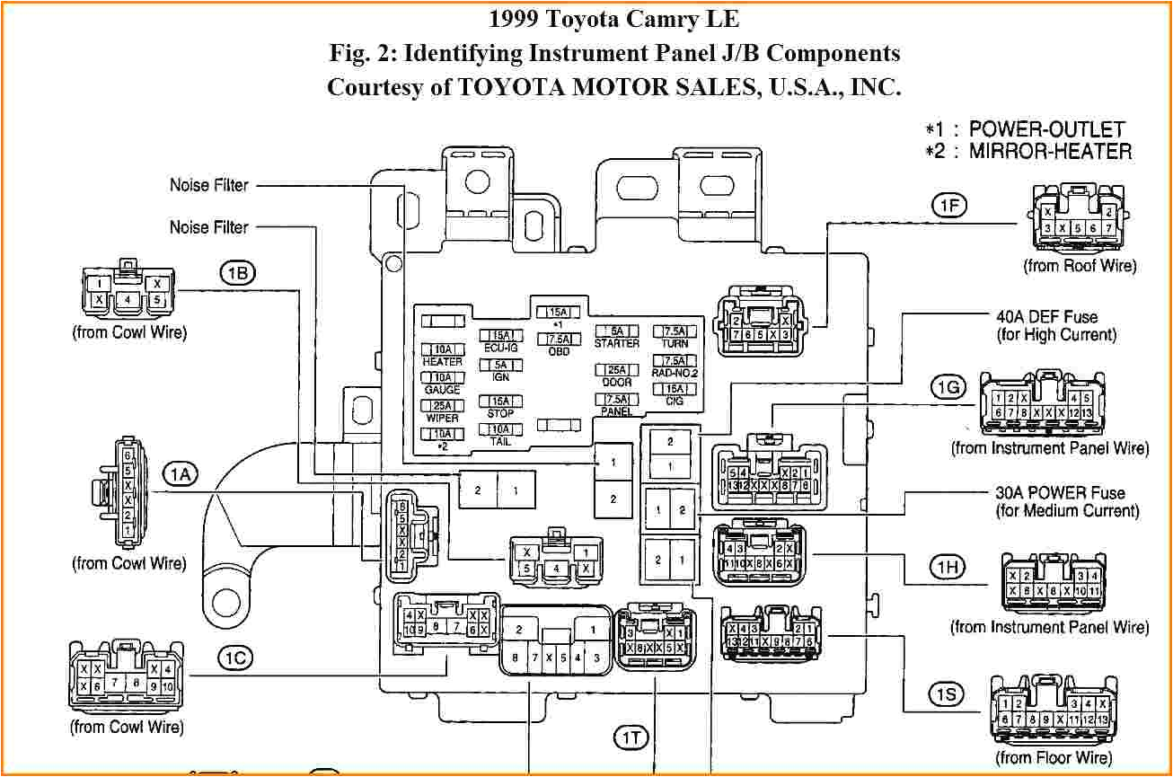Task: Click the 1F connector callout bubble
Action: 948,206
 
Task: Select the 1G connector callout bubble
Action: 948,388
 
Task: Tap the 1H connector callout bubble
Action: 947,567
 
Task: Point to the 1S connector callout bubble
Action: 947,693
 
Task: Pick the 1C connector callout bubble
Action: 235,658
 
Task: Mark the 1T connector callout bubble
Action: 630,737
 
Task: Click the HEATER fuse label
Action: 442,361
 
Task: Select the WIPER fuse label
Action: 442,418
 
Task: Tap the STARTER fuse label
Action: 617,343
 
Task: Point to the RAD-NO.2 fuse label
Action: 675,372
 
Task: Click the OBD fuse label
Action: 558,351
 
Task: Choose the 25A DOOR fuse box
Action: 617,370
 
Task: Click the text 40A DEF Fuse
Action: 1046,317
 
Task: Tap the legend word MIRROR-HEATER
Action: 1050,151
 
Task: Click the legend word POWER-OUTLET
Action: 1046,128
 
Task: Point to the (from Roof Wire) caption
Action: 1079,266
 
